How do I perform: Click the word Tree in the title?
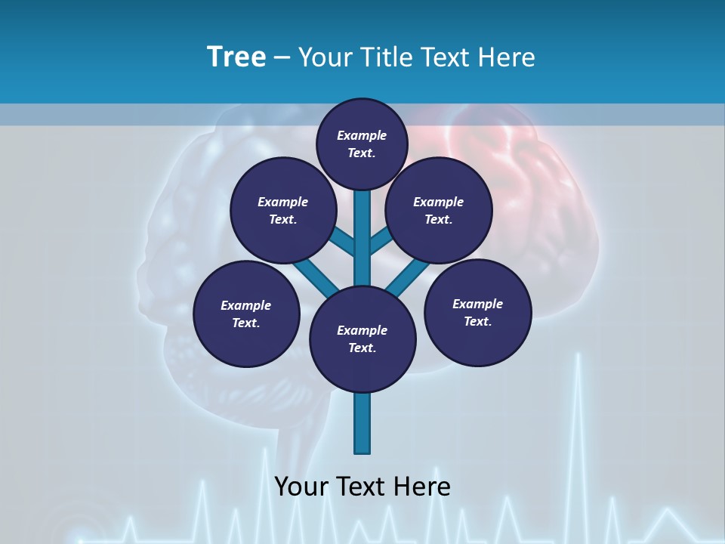[236, 57]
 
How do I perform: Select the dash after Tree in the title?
[282, 58]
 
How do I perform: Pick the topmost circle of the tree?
[362, 144]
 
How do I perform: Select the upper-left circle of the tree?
[283, 211]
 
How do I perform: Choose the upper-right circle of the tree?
[439, 211]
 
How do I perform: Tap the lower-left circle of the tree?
[246, 314]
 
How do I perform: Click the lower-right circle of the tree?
[478, 313]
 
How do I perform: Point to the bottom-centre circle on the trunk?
[362, 339]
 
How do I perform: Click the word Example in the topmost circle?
[362, 135]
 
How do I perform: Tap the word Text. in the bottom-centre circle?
[362, 348]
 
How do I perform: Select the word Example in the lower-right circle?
[477, 304]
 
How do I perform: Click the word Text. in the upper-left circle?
[283, 220]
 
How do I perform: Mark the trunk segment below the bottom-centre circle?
[362, 423]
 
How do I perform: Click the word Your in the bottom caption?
[302, 486]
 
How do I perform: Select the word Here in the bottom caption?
[425, 486]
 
